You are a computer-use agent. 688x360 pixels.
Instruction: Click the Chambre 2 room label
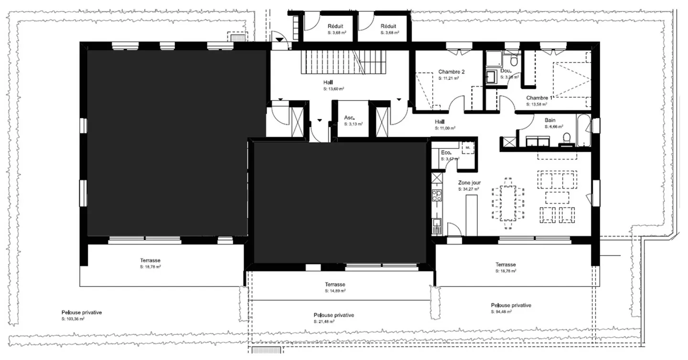point(451,72)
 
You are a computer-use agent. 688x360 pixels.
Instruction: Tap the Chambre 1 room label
point(539,98)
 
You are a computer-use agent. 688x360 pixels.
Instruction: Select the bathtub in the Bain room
point(584,131)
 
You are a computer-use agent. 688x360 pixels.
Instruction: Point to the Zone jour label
point(469,183)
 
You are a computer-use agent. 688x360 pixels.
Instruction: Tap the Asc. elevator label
point(349,118)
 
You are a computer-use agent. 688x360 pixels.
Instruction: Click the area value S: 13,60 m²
point(334,89)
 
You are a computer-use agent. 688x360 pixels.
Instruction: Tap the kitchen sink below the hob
point(437,222)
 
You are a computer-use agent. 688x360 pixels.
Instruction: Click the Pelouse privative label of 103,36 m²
point(82,312)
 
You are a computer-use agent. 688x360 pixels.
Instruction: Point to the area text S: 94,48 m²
point(501,312)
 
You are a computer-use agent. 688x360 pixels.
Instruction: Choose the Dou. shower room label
point(505,71)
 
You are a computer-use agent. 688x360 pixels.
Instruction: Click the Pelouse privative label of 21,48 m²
point(334,316)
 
